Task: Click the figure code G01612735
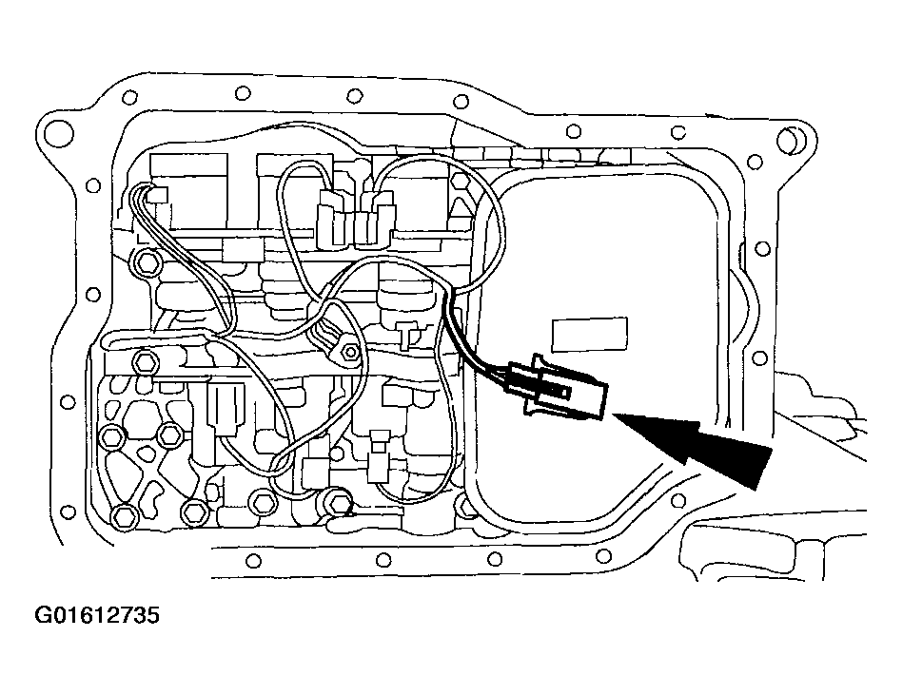97,615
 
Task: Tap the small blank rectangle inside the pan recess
590,335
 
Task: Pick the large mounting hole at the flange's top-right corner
790,139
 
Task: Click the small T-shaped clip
408,335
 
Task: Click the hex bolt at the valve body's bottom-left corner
125,516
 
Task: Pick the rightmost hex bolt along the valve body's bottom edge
339,503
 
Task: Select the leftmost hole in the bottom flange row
253,560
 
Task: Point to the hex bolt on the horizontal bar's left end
143,362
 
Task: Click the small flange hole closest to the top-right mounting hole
754,162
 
